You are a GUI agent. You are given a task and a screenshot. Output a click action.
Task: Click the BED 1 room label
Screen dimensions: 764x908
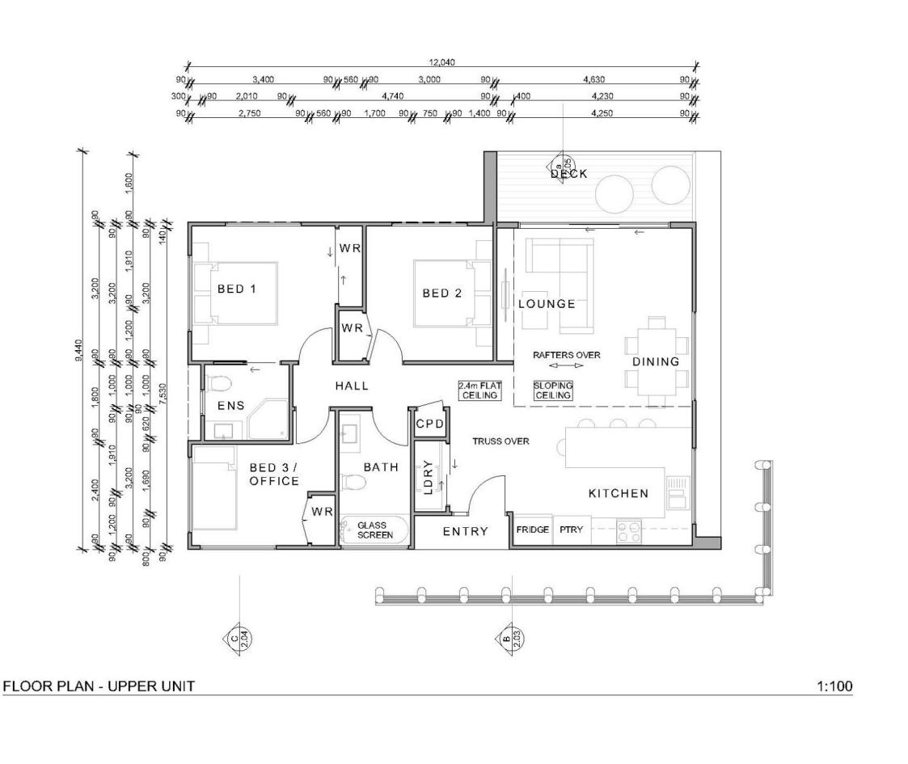pyautogui.click(x=237, y=289)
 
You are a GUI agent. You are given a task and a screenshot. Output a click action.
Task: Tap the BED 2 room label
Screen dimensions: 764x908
pyautogui.click(x=442, y=293)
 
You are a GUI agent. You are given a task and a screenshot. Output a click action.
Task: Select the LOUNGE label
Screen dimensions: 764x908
pyautogui.click(x=547, y=304)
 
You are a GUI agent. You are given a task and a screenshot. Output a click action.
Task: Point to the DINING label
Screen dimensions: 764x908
pyautogui.click(x=656, y=361)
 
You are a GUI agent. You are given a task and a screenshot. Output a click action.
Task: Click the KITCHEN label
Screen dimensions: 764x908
pyautogui.click(x=618, y=493)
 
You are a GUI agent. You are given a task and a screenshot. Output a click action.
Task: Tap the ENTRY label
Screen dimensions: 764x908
pyautogui.click(x=465, y=531)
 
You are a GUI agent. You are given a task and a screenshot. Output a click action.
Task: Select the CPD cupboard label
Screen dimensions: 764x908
pyautogui.click(x=429, y=424)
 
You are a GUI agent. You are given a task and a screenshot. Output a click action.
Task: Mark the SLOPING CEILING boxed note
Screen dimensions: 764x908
pyautogui.click(x=553, y=390)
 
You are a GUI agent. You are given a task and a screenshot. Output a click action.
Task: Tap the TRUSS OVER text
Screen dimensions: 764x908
pyautogui.click(x=500, y=441)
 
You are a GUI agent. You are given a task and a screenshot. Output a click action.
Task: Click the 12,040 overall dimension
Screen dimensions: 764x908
pyautogui.click(x=441, y=61)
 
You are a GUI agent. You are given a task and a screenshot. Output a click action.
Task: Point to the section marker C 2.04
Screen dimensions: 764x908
pyautogui.click(x=234, y=638)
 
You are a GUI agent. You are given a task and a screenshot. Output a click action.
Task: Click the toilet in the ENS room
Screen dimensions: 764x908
pyautogui.click(x=223, y=383)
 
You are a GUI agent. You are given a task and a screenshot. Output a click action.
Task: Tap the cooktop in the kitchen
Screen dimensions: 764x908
pyautogui.click(x=629, y=530)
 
